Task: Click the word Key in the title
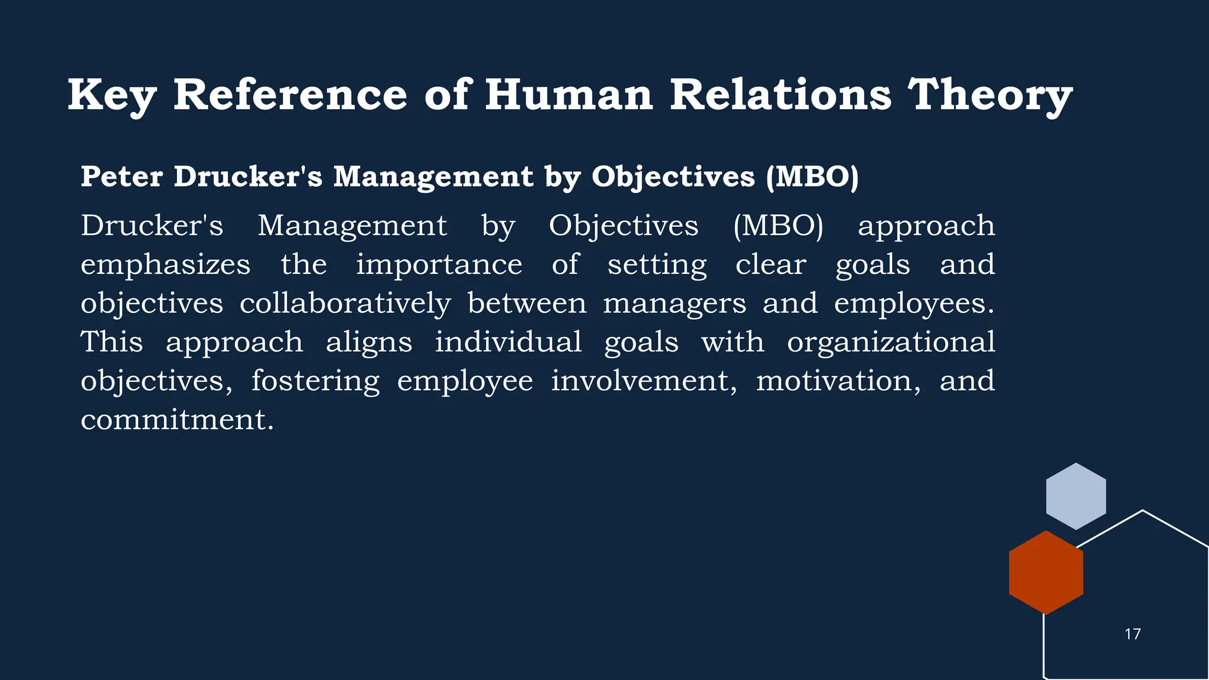pos(112,96)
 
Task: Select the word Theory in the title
pos(989,96)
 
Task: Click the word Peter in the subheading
pos(122,176)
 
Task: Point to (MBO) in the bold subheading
pos(812,177)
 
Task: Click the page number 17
pos(1132,634)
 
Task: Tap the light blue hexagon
pos(1076,496)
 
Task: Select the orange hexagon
pos(1046,573)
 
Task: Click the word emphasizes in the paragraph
pos(165,264)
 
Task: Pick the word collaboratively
pos(345,303)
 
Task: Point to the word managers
pos(674,303)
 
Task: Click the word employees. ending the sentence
pos(914,303)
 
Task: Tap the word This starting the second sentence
pos(112,342)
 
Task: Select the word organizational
pos(891,342)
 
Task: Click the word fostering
pos(315,381)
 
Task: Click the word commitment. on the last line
pos(177,420)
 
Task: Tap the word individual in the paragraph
pos(508,342)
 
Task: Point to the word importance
pos(439,264)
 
